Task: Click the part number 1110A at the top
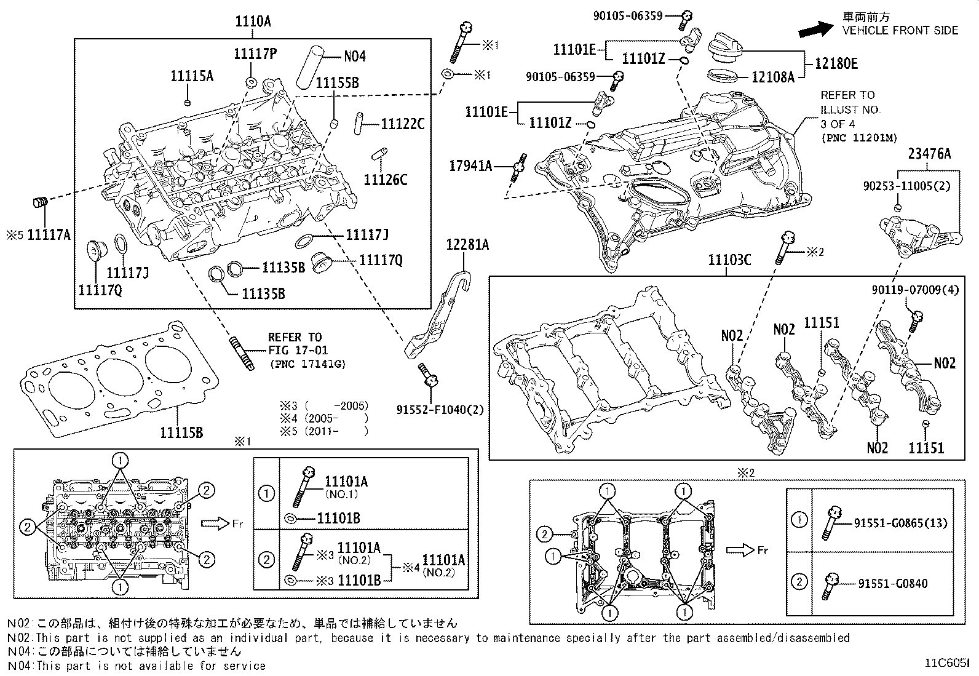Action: click(252, 22)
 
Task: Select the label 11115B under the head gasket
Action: click(181, 432)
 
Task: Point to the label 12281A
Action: click(467, 245)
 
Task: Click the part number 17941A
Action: click(470, 165)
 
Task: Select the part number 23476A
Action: click(929, 154)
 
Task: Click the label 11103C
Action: click(729, 260)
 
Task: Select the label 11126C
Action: click(386, 180)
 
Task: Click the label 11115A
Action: click(192, 76)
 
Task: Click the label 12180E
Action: click(836, 63)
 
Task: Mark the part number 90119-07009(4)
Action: click(914, 290)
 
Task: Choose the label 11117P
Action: click(255, 54)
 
